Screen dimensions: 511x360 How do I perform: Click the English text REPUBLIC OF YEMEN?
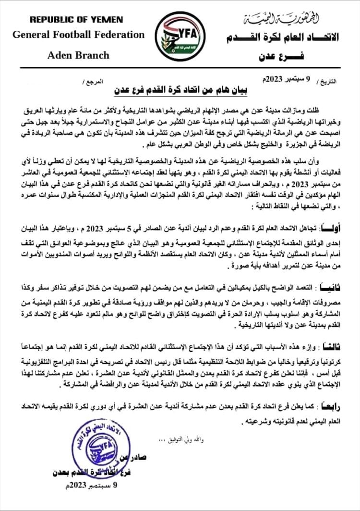point(76,20)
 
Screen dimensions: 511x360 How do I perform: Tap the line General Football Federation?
point(78,35)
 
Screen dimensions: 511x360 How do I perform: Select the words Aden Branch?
point(78,55)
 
